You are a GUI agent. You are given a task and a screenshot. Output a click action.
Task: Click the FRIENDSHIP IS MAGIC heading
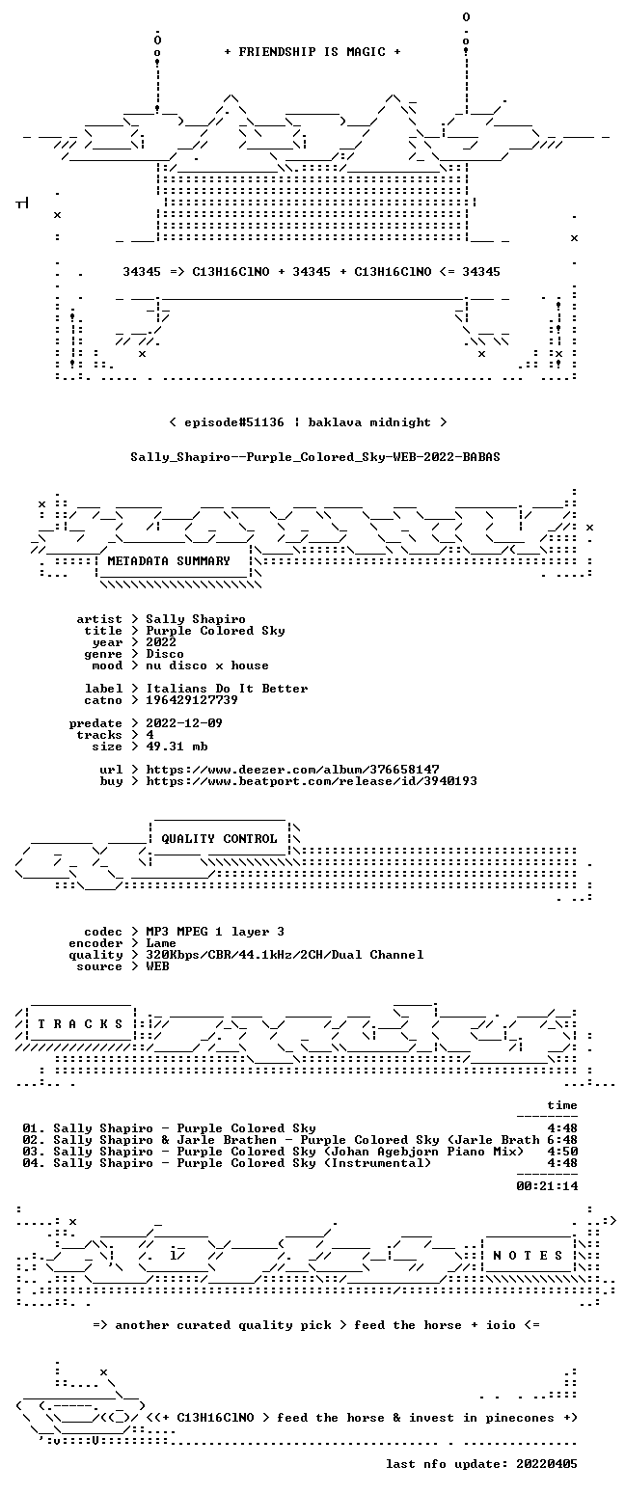[x=312, y=52]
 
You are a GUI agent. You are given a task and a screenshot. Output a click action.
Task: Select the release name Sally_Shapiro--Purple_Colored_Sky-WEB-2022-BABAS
[x=315, y=457]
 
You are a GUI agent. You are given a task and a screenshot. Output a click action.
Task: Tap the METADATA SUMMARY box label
[x=169, y=561]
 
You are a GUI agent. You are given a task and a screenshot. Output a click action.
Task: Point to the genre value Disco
[x=165, y=654]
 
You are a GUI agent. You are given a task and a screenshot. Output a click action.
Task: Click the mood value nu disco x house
[x=207, y=665]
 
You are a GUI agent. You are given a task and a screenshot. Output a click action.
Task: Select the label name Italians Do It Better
[x=227, y=689]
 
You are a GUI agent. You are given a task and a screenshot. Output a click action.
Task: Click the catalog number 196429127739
[x=192, y=700]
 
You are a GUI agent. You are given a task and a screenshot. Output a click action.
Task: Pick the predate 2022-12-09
[x=184, y=723]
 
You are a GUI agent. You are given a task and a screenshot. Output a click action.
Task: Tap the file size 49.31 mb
[x=177, y=746]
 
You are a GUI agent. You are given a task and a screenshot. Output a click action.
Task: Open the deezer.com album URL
[x=292, y=769]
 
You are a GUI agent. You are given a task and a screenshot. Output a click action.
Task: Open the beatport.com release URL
[x=312, y=781]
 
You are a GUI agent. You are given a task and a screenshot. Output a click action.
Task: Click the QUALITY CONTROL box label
[x=219, y=839]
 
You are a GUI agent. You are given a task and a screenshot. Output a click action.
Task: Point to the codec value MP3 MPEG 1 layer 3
[x=215, y=932]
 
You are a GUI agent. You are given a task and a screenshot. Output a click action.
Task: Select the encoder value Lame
[x=161, y=943]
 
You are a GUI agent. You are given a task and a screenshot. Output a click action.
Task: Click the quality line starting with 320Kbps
[x=285, y=955]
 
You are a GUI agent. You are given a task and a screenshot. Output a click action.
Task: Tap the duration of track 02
[x=562, y=1140]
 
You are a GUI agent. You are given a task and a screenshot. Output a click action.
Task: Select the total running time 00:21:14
[x=547, y=1186]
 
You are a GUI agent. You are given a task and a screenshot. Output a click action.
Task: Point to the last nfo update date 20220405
[x=546, y=1464]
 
